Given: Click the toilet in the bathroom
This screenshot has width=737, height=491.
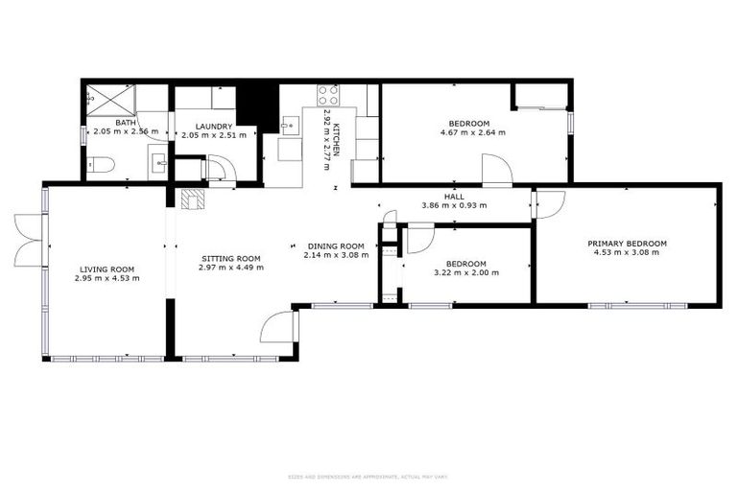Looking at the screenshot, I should click(103, 164).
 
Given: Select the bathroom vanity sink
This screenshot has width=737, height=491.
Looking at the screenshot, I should click(158, 164).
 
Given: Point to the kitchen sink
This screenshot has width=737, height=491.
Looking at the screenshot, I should click(291, 127).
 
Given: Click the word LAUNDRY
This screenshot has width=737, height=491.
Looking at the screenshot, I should click(214, 126).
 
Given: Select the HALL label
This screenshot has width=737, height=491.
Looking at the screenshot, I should click(455, 196).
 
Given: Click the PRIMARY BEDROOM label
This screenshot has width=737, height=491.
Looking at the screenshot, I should click(627, 244).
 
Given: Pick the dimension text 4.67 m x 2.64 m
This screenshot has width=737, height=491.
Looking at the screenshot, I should click(471, 132).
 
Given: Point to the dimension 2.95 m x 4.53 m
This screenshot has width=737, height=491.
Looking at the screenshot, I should click(107, 278).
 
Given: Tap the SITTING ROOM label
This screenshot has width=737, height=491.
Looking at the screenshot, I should click(230, 258).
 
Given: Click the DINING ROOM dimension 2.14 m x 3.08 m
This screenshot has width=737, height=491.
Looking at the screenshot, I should click(336, 255).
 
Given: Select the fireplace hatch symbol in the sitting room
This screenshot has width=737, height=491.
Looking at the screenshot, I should click(192, 198).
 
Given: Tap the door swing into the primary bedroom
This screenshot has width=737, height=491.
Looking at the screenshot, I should click(549, 203).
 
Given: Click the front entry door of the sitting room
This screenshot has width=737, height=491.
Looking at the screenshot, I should click(278, 325).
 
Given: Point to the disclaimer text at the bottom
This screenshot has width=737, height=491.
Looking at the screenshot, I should click(368, 477).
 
